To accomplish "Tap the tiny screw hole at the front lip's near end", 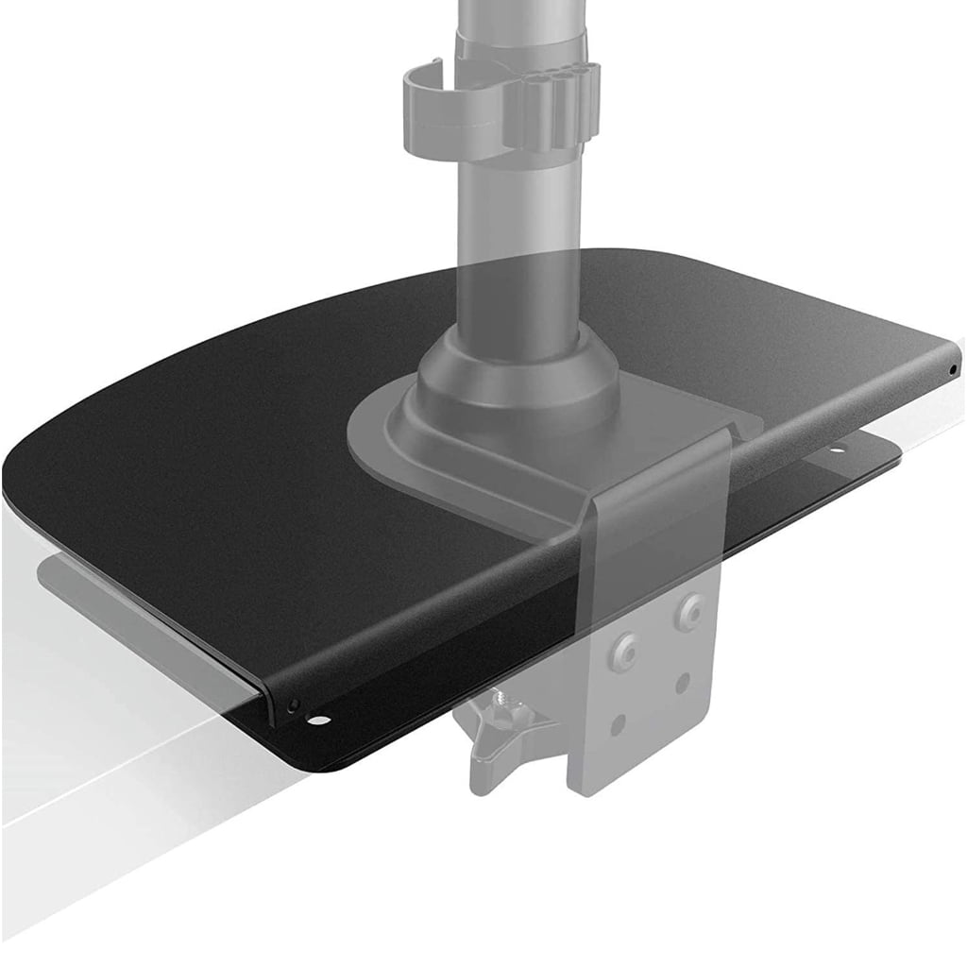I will tap(293, 704).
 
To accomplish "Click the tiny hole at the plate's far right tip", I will tap(952, 369).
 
